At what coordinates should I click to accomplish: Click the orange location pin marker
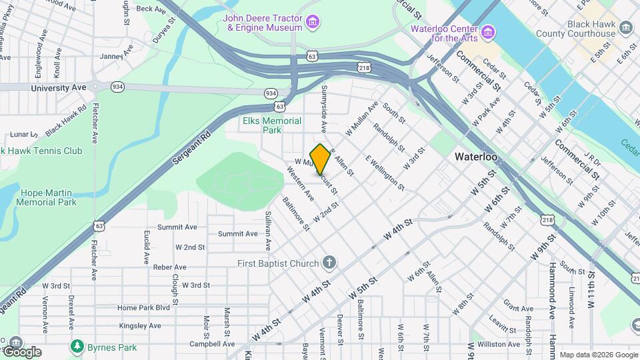click(x=321, y=159)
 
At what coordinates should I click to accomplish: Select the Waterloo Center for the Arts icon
click(x=488, y=32)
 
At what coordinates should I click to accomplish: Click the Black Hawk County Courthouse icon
click(x=625, y=27)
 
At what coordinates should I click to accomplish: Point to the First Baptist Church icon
click(x=329, y=263)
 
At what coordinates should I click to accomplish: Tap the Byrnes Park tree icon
click(x=78, y=347)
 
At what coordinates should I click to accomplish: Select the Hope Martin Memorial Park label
click(x=47, y=197)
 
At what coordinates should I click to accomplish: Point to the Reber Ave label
click(x=169, y=267)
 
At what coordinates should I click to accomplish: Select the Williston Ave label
click(x=499, y=344)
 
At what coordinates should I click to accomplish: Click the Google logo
click(x=21, y=351)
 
